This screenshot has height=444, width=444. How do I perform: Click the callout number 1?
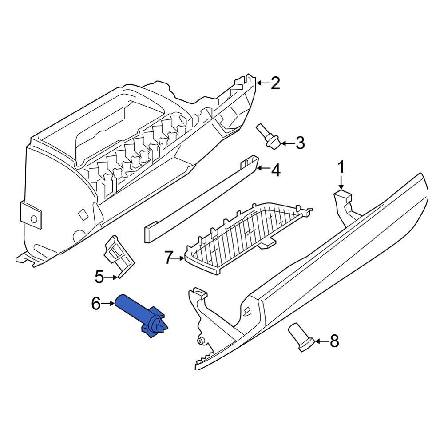point(341,168)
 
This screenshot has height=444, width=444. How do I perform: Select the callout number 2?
point(275,83)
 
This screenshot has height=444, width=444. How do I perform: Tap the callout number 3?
point(300,143)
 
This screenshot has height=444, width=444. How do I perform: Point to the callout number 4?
point(276,170)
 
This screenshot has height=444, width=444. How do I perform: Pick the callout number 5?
point(99,277)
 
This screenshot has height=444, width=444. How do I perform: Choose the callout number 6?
point(96,304)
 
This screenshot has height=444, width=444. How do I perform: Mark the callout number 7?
point(168,258)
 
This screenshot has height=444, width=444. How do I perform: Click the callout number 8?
point(334,341)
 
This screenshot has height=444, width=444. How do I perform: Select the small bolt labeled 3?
point(267,136)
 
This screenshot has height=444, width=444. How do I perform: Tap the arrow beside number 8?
point(321,341)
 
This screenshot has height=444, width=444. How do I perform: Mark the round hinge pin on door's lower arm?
point(201,341)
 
